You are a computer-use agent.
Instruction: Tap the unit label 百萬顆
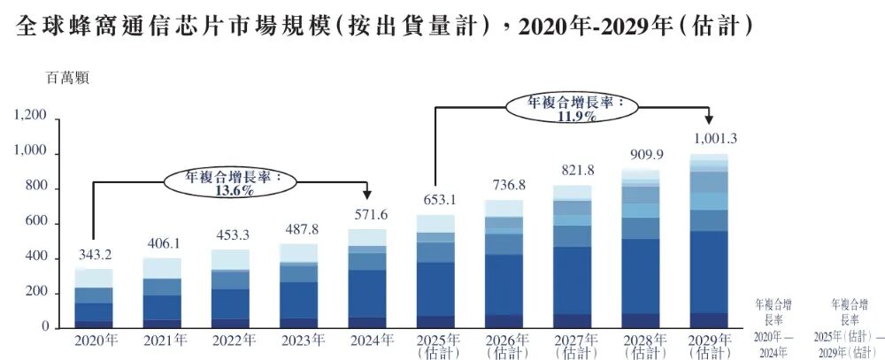click(67, 77)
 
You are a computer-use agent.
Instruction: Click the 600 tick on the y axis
click(35, 223)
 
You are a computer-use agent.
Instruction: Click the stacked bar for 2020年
click(93, 298)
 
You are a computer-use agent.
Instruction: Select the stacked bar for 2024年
click(367, 279)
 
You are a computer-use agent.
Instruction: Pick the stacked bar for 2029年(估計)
click(709, 241)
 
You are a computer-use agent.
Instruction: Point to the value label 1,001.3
click(709, 138)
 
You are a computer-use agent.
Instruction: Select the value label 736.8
click(504, 186)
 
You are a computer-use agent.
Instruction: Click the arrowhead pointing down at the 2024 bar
click(367, 196)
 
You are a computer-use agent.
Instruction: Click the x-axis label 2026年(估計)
click(504, 345)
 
